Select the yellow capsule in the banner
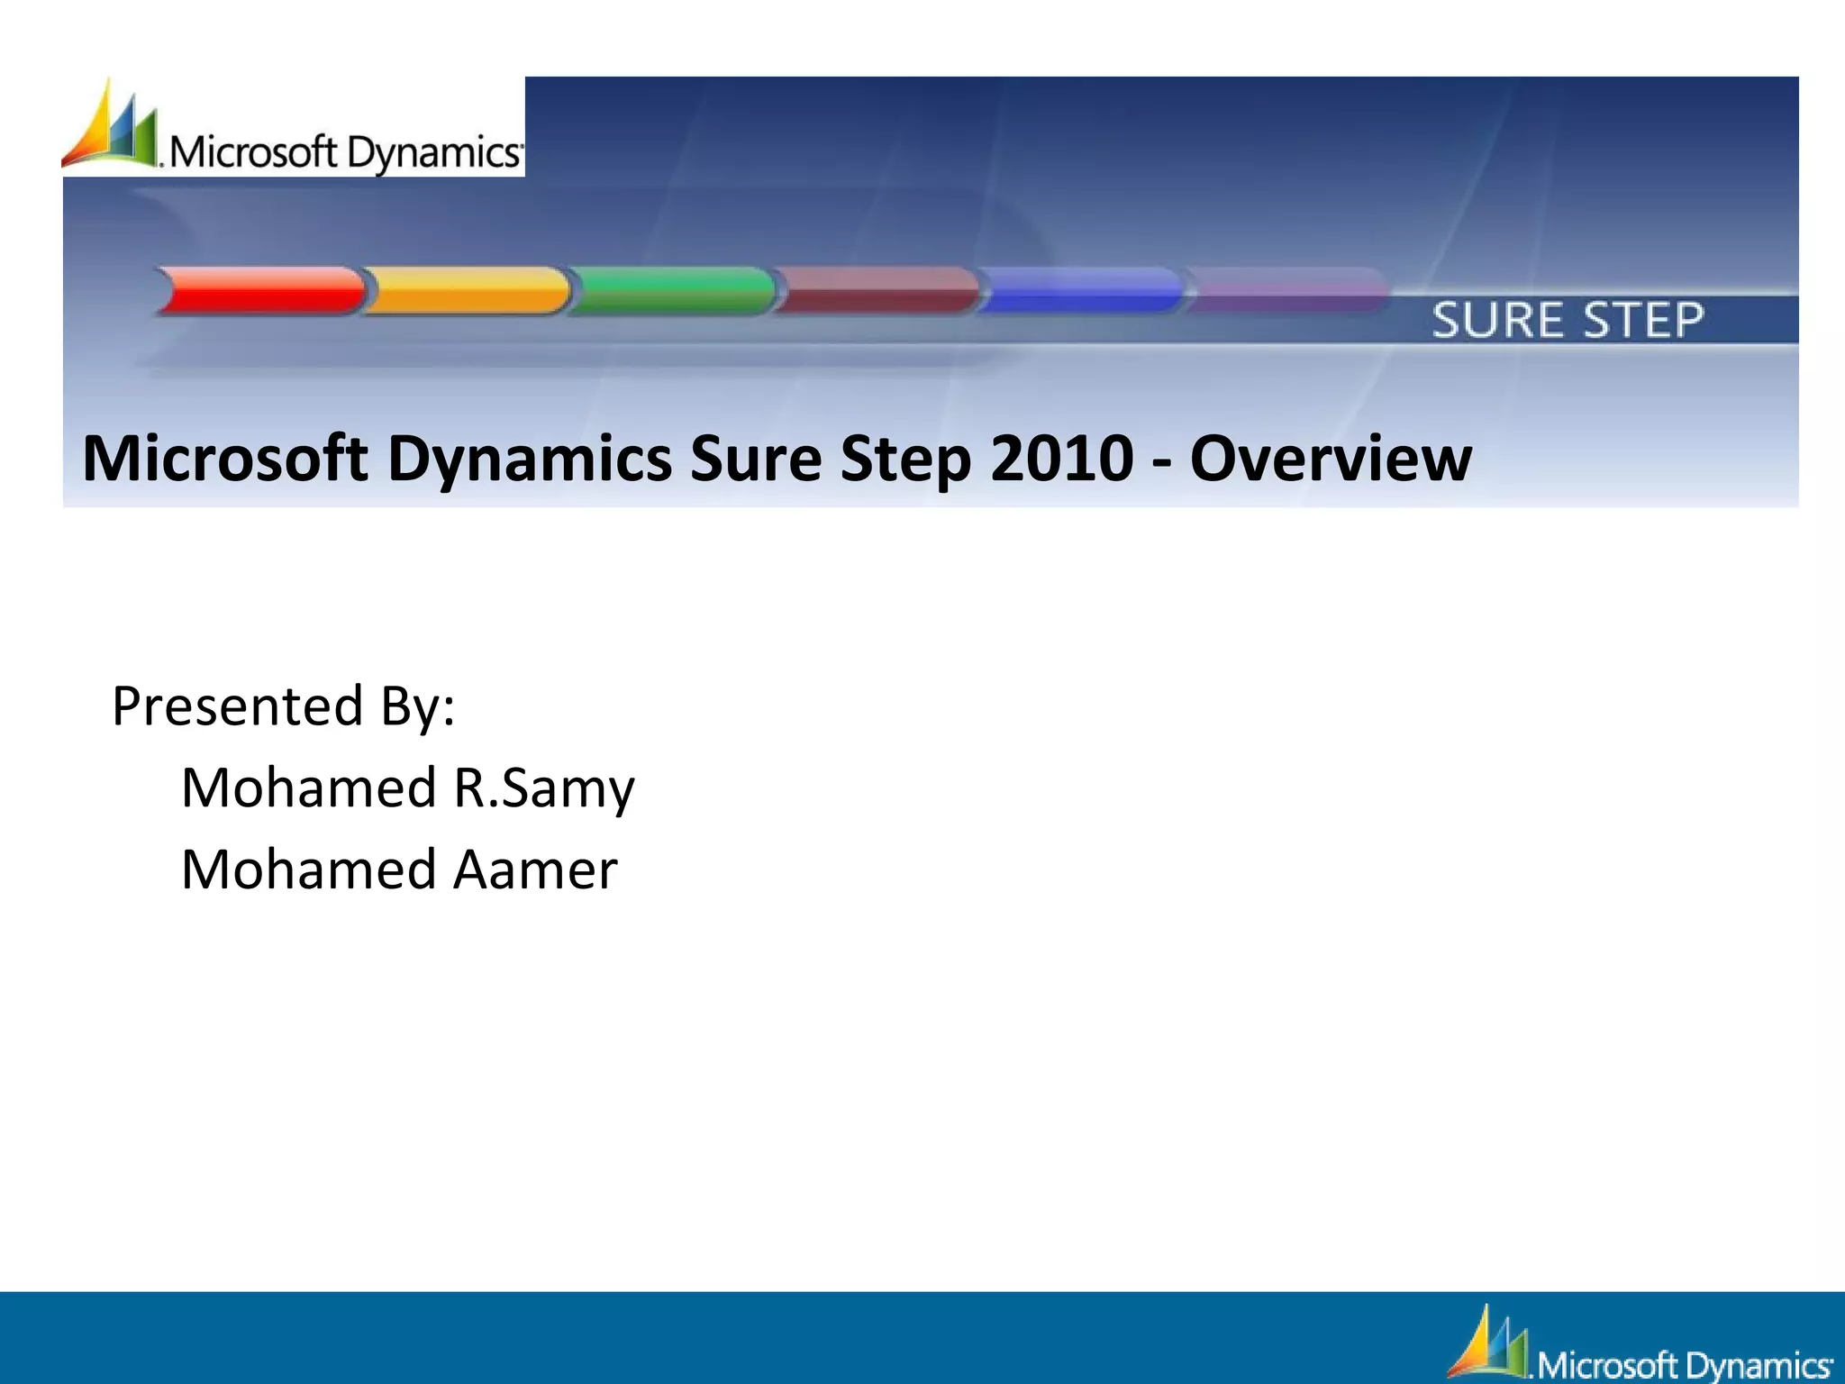467,290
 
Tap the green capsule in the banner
673,290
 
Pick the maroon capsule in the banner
878,290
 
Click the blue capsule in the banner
1081,290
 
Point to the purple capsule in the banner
1286,290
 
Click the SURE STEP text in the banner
1568,321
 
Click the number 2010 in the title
1061,459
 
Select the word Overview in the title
1331,459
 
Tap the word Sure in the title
755,459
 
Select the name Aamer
535,870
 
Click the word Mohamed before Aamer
309,870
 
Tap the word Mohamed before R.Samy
309,788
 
